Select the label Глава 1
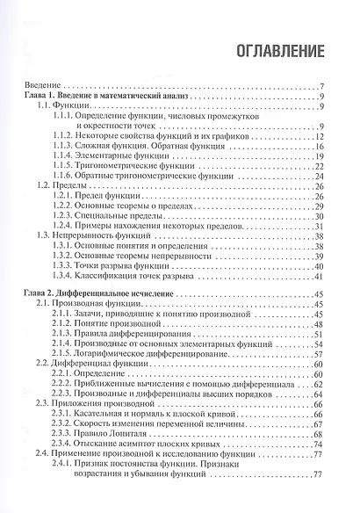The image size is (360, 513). click(39, 96)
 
